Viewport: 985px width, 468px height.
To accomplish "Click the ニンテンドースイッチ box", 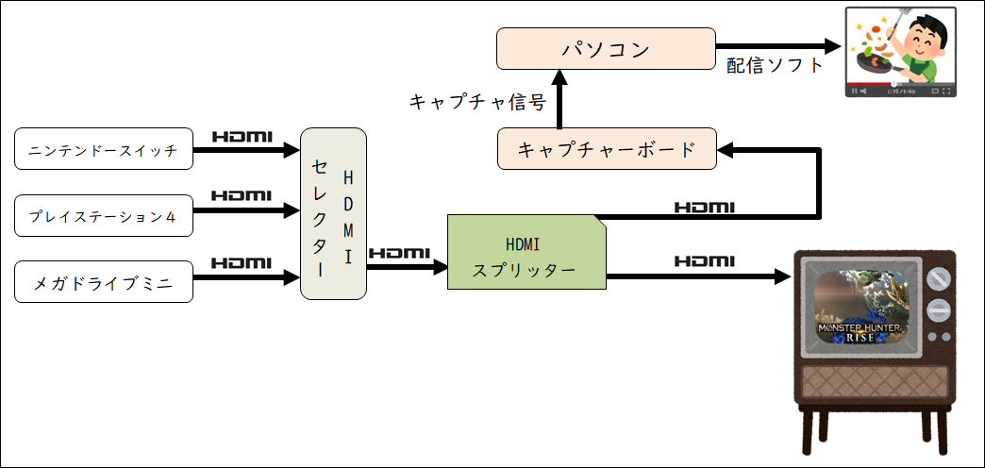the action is [104, 149].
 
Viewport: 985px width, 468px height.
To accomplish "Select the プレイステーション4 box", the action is [104, 215].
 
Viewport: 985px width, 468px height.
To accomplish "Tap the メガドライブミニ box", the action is [104, 281].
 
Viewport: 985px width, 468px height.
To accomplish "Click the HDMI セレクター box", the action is [334, 213].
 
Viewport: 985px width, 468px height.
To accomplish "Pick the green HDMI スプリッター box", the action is [526, 252].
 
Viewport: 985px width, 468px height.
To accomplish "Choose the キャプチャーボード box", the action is [607, 149].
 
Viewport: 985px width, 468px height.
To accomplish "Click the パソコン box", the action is [607, 48].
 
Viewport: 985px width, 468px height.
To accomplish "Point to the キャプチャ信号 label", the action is [477, 101].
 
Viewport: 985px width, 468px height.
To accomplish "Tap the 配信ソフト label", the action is [775, 65].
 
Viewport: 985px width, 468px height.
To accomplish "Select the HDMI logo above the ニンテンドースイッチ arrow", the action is [242, 136].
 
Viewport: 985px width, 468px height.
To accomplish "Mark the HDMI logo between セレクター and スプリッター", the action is [399, 253].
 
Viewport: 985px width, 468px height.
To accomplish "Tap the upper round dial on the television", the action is [939, 277].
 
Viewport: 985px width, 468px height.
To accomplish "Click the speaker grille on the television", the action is [876, 382].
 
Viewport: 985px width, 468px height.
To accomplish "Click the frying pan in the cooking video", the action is [875, 61].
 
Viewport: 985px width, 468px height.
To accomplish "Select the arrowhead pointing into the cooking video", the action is [832, 46].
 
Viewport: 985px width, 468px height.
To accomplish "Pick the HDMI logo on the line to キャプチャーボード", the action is [705, 207].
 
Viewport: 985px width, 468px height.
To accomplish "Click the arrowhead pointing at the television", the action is [781, 276].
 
